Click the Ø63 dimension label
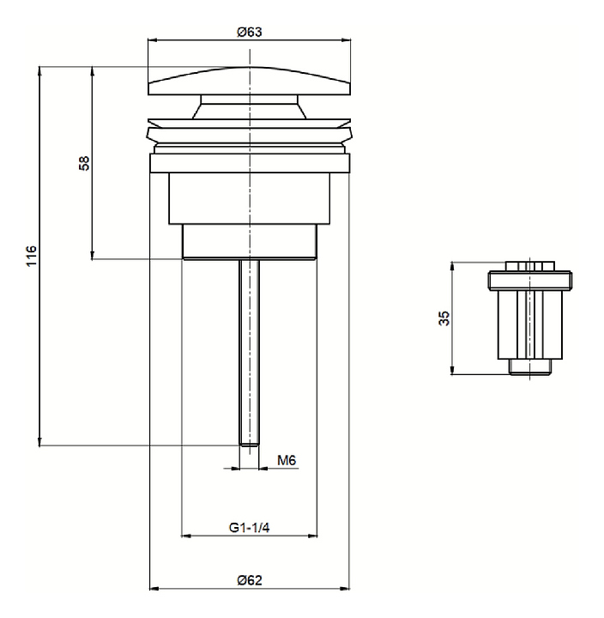249,31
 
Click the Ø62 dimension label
250,579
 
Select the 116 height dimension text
32,255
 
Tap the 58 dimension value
83,163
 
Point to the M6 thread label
287,461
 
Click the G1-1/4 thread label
250,528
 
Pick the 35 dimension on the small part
444,318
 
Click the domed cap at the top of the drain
249,82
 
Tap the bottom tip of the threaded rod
249,443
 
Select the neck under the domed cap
249,108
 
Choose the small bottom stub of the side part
530,367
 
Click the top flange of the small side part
530,280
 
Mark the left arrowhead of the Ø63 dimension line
152,39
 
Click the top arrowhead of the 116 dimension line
39,69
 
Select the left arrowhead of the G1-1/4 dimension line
183,537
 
